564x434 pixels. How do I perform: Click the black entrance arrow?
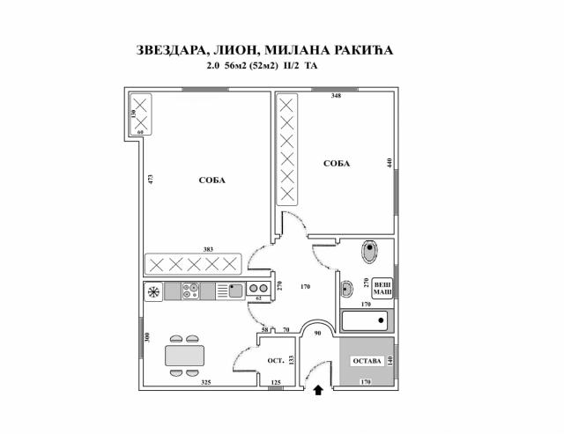coord(318,390)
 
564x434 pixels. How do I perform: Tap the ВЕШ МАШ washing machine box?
coord(382,289)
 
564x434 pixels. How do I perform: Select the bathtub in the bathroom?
coord(364,320)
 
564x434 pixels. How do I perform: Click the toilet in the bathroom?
coord(369,251)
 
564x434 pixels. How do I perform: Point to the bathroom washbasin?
coord(346,288)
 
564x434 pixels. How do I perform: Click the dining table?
coord(184,356)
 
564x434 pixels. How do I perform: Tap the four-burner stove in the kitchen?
coord(190,291)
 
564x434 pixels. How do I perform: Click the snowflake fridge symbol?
coord(153,291)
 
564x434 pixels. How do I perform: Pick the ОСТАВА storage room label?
coord(367,361)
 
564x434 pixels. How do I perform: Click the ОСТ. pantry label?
coord(276,360)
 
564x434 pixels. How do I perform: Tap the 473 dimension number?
coord(151,180)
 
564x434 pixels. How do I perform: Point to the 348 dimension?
coord(336,96)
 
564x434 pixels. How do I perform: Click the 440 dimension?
coord(389,163)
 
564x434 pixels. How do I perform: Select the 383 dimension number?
coord(208,249)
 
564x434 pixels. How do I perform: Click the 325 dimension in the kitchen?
coord(205,382)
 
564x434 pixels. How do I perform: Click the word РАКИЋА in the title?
coord(364,50)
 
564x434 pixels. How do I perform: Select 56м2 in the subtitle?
coord(235,66)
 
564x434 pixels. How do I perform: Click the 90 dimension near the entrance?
coord(317,333)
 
